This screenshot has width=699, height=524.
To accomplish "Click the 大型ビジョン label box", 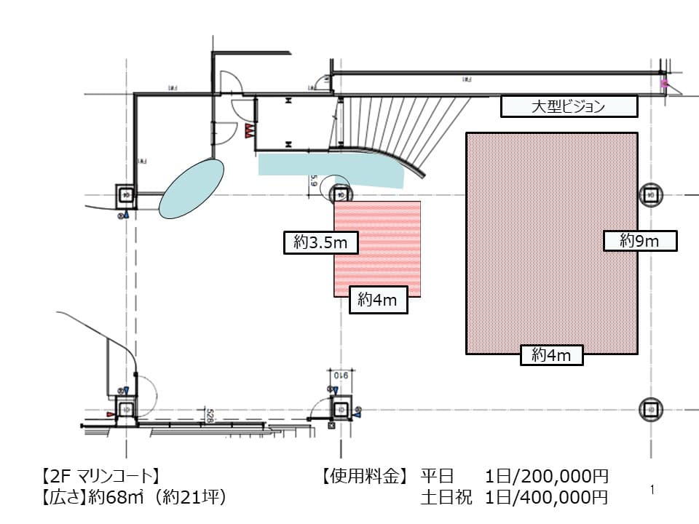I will [x=569, y=107].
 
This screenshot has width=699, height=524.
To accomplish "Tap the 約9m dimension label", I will [x=640, y=241].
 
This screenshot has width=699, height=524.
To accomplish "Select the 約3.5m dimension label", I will [x=320, y=243].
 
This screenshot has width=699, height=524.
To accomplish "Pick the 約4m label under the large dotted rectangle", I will [x=553, y=355].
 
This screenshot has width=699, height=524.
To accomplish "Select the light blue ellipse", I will [x=191, y=188].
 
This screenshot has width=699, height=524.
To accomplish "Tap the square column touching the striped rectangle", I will [x=340, y=194].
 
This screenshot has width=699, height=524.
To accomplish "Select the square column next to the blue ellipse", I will [x=126, y=195].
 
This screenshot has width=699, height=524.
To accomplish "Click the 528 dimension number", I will [x=208, y=416].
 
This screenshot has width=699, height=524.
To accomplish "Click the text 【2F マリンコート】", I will [x=97, y=477].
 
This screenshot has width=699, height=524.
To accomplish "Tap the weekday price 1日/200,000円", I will [x=546, y=477].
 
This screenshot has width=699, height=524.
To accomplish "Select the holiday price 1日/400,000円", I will [x=546, y=498].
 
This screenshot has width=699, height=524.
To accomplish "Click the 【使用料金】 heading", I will [x=362, y=477].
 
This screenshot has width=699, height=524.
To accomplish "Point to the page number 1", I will [x=652, y=491].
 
